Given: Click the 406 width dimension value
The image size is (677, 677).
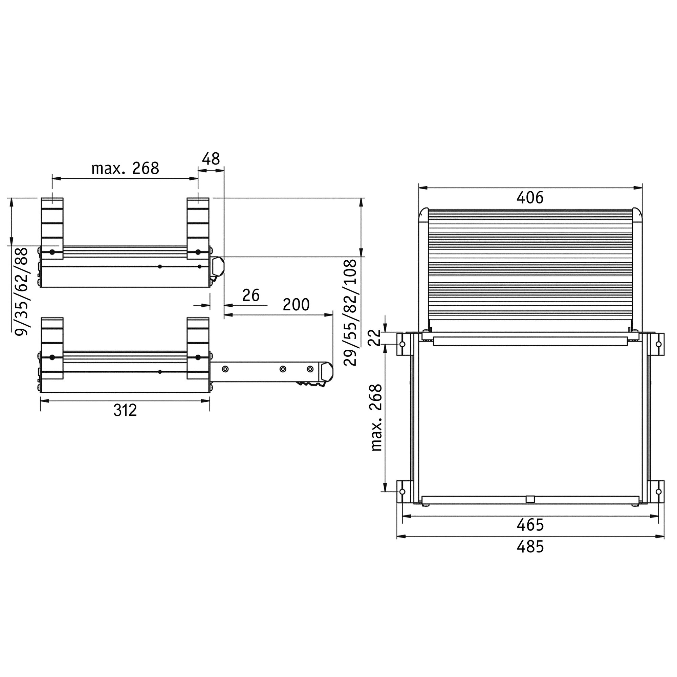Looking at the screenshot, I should (529, 198).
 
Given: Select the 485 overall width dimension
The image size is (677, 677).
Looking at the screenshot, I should (530, 547).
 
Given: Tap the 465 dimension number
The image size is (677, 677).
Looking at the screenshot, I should (530, 525).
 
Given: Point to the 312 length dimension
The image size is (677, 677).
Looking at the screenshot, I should (125, 410).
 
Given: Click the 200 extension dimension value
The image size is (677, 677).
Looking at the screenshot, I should (296, 305).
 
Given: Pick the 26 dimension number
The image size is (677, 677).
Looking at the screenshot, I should (251, 296).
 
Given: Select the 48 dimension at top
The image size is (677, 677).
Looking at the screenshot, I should (211, 159).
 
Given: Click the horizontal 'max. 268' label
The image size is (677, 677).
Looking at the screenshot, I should (125, 169).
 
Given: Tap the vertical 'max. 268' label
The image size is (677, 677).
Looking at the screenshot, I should (376, 417).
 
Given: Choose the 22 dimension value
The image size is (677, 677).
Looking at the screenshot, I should (375, 337).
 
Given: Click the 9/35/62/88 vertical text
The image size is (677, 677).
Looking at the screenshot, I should (22, 291).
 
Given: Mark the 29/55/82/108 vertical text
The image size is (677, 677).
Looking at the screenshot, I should (350, 312).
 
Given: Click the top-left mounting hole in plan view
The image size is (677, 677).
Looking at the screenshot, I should (402, 344).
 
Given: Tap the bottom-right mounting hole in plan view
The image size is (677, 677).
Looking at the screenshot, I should (658, 492).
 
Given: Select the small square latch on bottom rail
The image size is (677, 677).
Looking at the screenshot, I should (530, 499).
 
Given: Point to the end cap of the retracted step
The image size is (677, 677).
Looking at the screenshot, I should (218, 267).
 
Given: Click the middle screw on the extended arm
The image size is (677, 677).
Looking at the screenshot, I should (283, 369).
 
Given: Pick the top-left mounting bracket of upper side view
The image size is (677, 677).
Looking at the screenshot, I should (52, 228).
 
